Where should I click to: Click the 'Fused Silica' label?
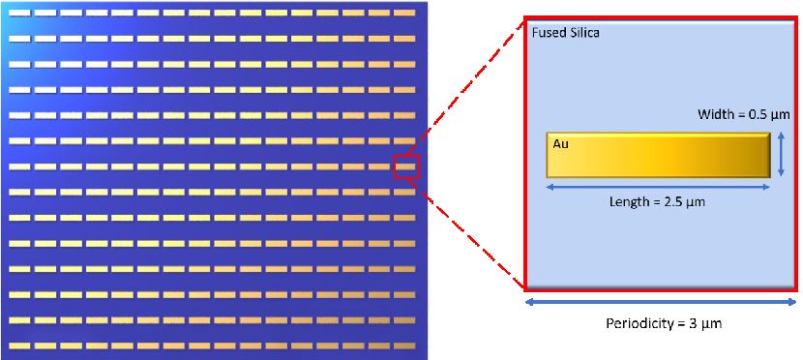tap(566, 33)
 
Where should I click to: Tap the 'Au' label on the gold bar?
tap(560, 144)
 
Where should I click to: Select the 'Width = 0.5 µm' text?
tap(744, 114)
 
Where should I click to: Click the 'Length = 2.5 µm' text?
tap(657, 201)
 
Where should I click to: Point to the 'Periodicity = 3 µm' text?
tap(664, 323)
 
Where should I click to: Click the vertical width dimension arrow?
tap(781, 154)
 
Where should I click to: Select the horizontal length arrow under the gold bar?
tap(658, 188)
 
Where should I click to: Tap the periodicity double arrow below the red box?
tap(661, 303)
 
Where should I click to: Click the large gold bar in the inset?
tap(659, 155)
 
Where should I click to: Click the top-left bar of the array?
tap(20, 13)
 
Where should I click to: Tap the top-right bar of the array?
tap(404, 13)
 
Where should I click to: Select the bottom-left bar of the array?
tap(20, 345)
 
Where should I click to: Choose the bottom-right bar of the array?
tap(404, 345)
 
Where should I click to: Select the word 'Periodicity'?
tap(635, 323)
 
